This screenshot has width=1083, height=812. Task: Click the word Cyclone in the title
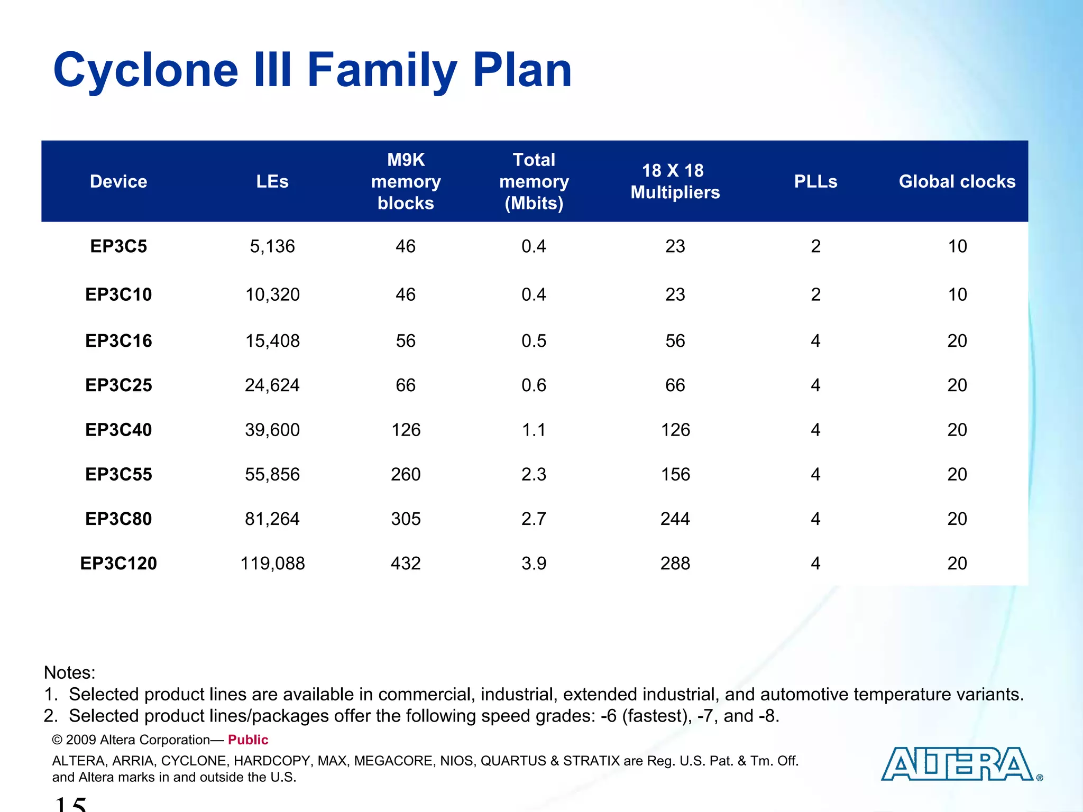146,70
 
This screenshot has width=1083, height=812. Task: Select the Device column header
118,181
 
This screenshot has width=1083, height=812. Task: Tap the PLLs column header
815,181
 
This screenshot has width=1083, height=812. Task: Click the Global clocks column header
957,181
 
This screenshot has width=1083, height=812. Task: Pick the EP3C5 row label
118,246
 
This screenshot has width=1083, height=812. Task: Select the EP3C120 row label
118,563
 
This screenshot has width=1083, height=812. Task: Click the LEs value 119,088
272,563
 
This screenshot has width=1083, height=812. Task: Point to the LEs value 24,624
272,385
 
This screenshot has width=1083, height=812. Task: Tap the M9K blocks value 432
406,563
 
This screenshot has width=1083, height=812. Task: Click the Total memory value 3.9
534,563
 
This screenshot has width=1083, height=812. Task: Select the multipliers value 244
675,519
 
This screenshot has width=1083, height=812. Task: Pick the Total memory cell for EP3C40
534,430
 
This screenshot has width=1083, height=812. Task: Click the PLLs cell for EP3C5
815,246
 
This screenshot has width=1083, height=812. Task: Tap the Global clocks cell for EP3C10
957,294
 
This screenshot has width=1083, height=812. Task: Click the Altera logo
957,764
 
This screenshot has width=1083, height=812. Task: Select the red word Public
248,740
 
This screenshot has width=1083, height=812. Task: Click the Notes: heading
69,672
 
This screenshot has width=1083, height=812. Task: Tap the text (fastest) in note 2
656,716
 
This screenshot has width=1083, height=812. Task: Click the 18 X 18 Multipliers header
675,181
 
